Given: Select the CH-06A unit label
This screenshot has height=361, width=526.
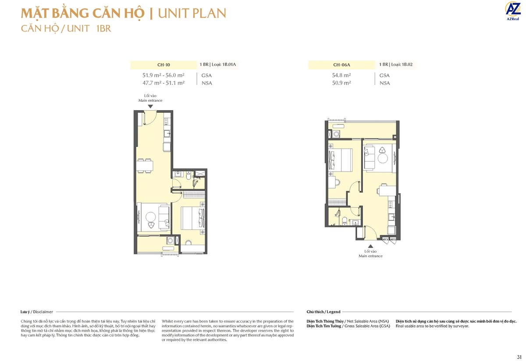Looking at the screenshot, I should (341, 65).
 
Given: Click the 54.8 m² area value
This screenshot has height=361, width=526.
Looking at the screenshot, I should (341, 75).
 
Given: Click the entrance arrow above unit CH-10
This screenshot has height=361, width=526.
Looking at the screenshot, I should (150, 106).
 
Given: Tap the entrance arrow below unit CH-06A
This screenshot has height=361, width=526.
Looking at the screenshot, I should (370, 246).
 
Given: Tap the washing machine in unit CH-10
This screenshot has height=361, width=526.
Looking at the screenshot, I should (170, 240).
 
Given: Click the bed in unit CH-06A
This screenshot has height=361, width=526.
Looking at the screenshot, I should (341, 160).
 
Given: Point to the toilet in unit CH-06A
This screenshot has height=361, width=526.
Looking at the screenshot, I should (345, 219).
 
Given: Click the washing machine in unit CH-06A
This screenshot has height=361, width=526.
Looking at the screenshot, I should (336, 134).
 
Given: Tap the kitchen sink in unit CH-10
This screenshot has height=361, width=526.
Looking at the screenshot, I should (167, 133).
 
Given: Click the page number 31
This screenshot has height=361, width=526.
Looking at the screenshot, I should (519, 356).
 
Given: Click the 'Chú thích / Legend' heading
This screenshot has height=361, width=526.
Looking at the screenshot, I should (323, 312).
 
